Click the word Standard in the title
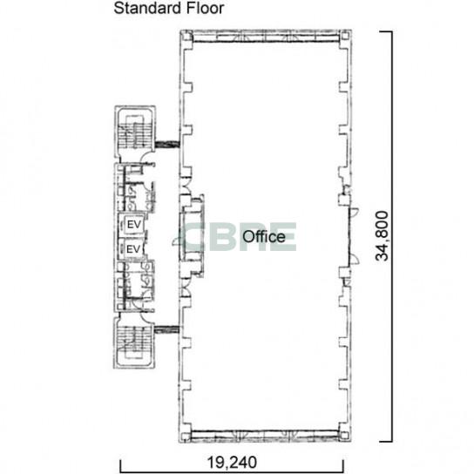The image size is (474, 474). click(148, 8)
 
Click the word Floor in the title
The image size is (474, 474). click(205, 8)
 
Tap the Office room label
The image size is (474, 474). click(264, 237)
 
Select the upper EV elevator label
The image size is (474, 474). click(134, 225)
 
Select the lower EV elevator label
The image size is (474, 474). click(133, 249)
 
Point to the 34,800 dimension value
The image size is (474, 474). click(382, 236)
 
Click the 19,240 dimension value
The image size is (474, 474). click(232, 462)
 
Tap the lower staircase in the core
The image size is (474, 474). click(134, 342)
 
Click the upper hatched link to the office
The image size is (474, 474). click(167, 145)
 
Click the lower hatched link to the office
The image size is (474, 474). click(166, 329)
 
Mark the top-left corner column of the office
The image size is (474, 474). click(186, 37)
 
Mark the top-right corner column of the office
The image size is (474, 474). click(345, 37)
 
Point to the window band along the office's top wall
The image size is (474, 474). click(266, 38)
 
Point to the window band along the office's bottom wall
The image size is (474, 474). click(265, 435)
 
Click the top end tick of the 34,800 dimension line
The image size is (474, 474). click(386, 31)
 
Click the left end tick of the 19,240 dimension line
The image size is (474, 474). click(120, 466)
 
